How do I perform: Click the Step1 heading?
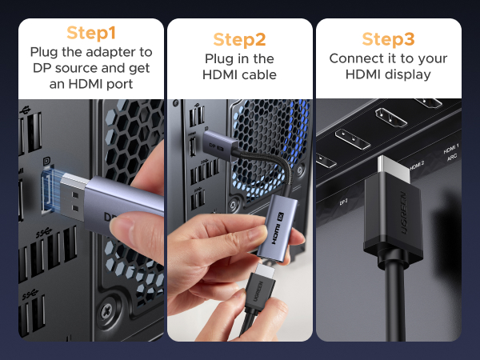[91, 33]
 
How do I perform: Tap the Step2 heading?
[240, 39]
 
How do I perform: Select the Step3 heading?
[389, 39]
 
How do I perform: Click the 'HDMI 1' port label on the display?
[450, 150]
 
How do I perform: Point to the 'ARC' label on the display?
[453, 158]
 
